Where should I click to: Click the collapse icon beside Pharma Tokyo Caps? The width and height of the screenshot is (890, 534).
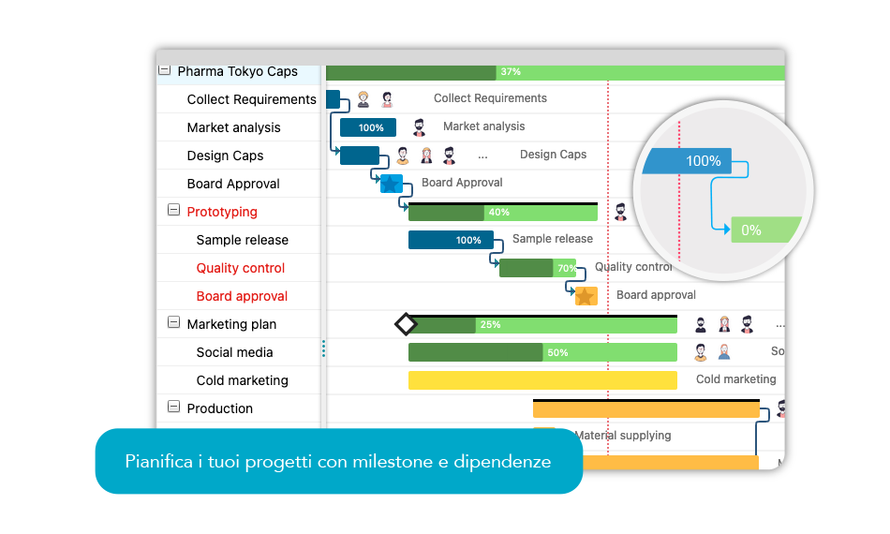coord(164,70)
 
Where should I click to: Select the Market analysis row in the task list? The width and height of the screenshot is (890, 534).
coord(233,127)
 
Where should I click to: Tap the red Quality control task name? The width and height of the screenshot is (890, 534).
coord(241,268)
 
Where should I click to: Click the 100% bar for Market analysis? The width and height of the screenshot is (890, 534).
coord(368,127)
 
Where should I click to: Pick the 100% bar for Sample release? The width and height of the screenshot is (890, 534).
coord(451,240)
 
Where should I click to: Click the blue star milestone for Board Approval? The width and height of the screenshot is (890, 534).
coord(390,184)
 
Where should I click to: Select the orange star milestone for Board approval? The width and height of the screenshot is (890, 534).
coord(586,296)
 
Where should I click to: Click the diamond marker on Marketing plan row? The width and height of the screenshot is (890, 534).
coord(406,324)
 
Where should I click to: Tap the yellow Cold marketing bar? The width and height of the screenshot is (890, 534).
coord(542,380)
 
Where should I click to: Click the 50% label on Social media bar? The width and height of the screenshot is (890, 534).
coord(557,353)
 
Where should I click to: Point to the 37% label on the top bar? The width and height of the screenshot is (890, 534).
coord(511,72)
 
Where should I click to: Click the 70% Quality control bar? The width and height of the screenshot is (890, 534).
coord(538,268)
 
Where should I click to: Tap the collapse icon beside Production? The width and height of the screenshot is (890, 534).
coord(173,407)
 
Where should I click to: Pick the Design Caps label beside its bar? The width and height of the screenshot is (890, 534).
coord(553,155)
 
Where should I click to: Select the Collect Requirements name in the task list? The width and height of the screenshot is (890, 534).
coord(251,99)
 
